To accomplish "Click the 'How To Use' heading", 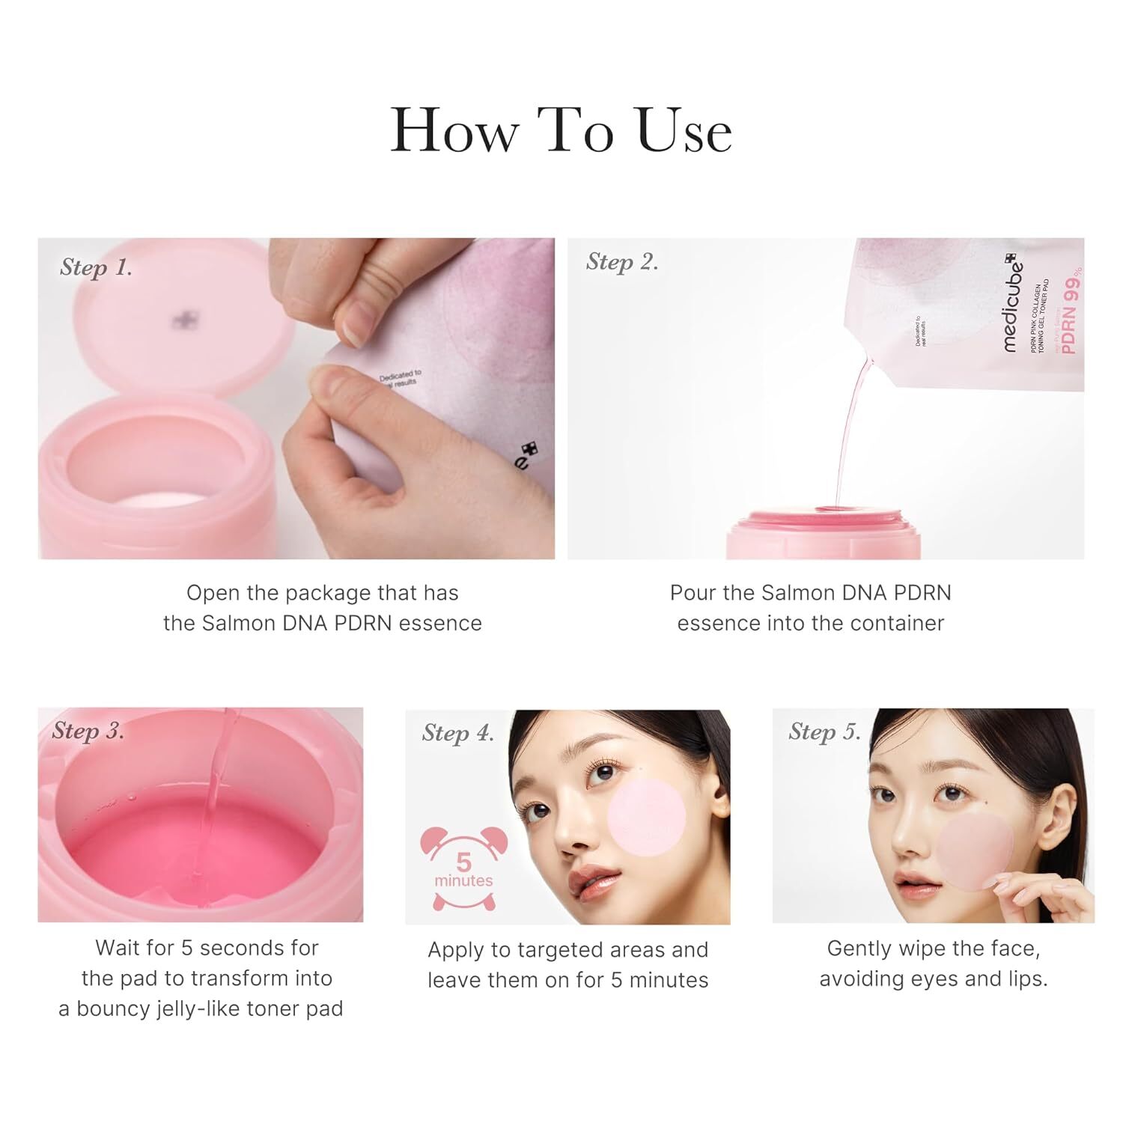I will pos(561,131).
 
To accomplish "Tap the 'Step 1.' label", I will pos(96,268).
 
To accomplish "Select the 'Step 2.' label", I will pos(621,262).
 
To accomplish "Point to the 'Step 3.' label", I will pos(88,731).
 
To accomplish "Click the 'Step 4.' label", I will pos(457,733).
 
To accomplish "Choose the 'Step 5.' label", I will pos(824,731).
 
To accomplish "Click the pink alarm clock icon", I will pos(463,868).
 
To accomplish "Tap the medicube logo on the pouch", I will pos(1013,303).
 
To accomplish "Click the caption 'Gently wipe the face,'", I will pos(933,949).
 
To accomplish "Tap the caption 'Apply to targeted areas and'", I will pos(567,950).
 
